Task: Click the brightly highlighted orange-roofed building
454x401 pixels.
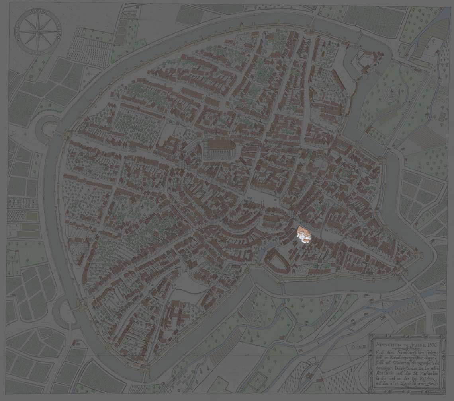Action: pyautogui.click(x=304, y=234)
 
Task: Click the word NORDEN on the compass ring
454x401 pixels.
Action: pyautogui.click(x=38, y=12)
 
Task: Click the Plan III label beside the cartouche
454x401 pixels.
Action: pyautogui.click(x=358, y=346)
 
